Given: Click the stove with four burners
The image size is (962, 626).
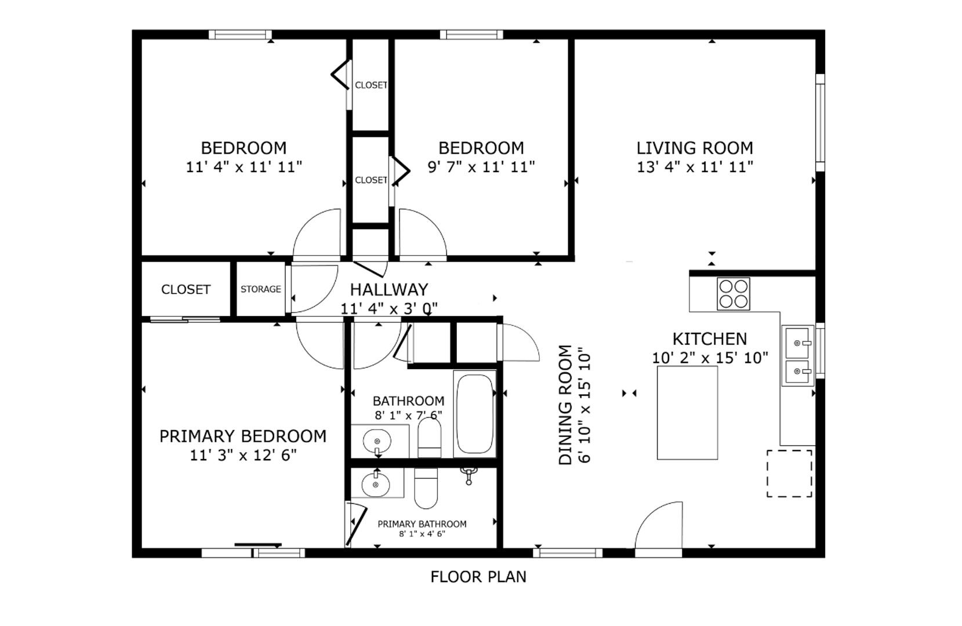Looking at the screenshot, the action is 733,294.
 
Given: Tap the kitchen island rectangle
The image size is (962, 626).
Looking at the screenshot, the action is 687,413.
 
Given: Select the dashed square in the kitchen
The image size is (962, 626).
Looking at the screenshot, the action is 789,473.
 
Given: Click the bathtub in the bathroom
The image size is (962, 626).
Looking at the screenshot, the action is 474,413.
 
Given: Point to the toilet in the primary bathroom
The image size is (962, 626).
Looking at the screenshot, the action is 426,487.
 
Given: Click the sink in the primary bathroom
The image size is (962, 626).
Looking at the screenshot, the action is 376,485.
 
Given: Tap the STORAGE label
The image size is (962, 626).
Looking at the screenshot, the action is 261,289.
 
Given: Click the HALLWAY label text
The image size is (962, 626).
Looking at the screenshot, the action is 389,289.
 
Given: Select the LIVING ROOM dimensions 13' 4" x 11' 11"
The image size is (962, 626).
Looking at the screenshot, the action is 695,166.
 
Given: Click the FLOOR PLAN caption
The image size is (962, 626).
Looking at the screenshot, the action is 478,577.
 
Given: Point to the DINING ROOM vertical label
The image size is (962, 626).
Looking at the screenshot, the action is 565,405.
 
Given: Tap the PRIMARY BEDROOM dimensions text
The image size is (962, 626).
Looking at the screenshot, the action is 243,454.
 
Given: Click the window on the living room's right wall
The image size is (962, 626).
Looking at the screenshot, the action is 820,123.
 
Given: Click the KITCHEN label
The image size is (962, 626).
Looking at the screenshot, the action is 710,339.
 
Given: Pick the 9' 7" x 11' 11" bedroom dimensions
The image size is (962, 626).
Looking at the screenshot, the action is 481,166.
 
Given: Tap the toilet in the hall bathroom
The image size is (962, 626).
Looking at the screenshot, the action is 430,437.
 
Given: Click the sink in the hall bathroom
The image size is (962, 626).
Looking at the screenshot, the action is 377,441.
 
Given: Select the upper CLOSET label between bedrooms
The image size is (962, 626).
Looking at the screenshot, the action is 371,85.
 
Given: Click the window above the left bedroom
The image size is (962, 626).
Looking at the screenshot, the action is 240,35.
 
